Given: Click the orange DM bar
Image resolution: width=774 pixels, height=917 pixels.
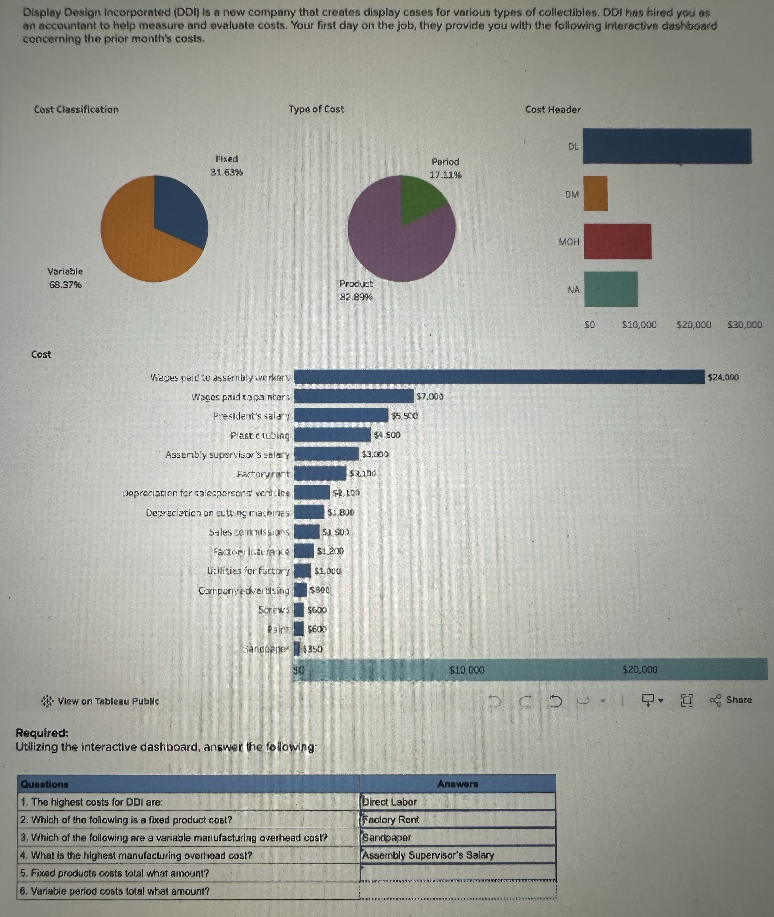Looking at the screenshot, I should (x=595, y=194).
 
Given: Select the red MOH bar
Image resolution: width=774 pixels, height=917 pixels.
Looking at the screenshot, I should (x=617, y=241).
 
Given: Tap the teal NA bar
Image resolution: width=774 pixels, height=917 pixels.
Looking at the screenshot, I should (x=611, y=289).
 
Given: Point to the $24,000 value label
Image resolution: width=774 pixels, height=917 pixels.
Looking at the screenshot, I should (x=723, y=377).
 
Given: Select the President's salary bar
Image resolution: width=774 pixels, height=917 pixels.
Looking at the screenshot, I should (x=341, y=415).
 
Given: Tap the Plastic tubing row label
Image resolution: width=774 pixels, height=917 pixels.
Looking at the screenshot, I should (x=260, y=435).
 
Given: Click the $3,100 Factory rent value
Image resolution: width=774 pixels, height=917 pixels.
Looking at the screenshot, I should (x=363, y=473).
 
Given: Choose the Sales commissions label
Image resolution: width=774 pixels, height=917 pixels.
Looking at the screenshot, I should (x=249, y=532).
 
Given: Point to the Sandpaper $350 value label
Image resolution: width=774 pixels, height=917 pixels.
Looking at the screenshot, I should (x=312, y=649).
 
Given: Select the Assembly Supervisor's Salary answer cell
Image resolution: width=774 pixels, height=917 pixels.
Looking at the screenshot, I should (x=458, y=855).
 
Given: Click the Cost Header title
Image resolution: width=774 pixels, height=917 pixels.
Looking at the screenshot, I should (x=553, y=109).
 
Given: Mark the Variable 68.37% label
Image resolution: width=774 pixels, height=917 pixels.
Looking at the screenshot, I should (x=65, y=278).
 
